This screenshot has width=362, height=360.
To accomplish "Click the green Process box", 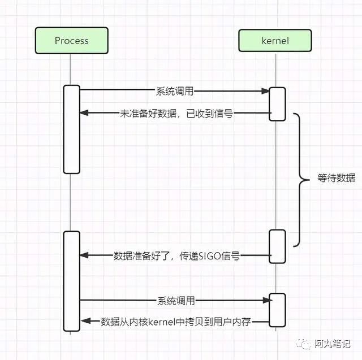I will click(71, 41).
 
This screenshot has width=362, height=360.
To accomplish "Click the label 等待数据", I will click(336, 178).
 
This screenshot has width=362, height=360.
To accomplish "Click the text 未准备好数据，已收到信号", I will click(176, 113).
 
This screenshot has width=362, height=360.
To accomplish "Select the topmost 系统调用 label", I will click(175, 90).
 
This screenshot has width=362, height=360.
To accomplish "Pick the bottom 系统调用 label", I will click(175, 301).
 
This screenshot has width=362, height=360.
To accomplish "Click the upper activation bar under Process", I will click(71, 129).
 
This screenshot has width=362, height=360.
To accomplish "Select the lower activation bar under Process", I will click(71, 280).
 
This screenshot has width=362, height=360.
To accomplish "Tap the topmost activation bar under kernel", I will click(277, 104).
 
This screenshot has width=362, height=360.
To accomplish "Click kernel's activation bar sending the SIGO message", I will click(277, 246).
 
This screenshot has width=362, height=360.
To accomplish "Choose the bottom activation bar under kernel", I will click(277, 310).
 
